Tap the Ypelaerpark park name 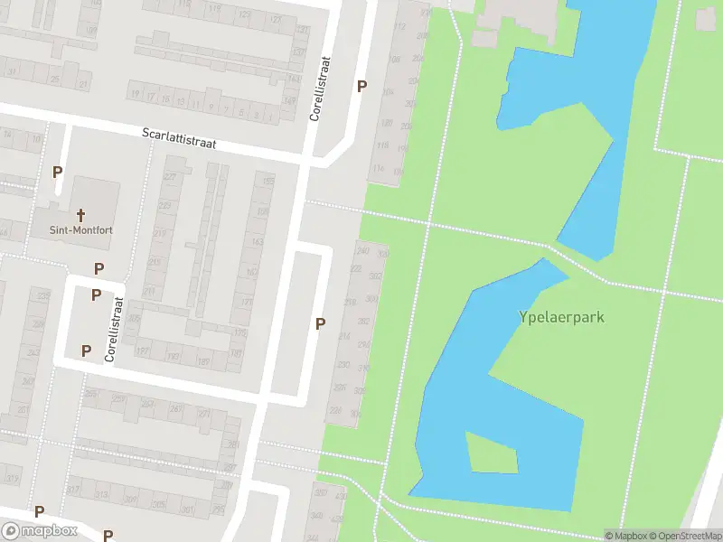pyautogui.click(x=561, y=317)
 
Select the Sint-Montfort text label pyautogui.click(x=81, y=229)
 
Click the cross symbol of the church pyautogui.click(x=81, y=214)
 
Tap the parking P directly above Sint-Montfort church pyautogui.click(x=58, y=172)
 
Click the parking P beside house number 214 pyautogui.click(x=320, y=323)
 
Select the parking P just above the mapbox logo pyautogui.click(x=39, y=511)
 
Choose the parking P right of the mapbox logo pyautogui.click(x=108, y=536)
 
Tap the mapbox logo pyautogui.click(x=40, y=531)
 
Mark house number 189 pyautogui.click(x=203, y=361)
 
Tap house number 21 pyautogui.click(x=83, y=84)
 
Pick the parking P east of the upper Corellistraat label pyautogui.click(x=362, y=86)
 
